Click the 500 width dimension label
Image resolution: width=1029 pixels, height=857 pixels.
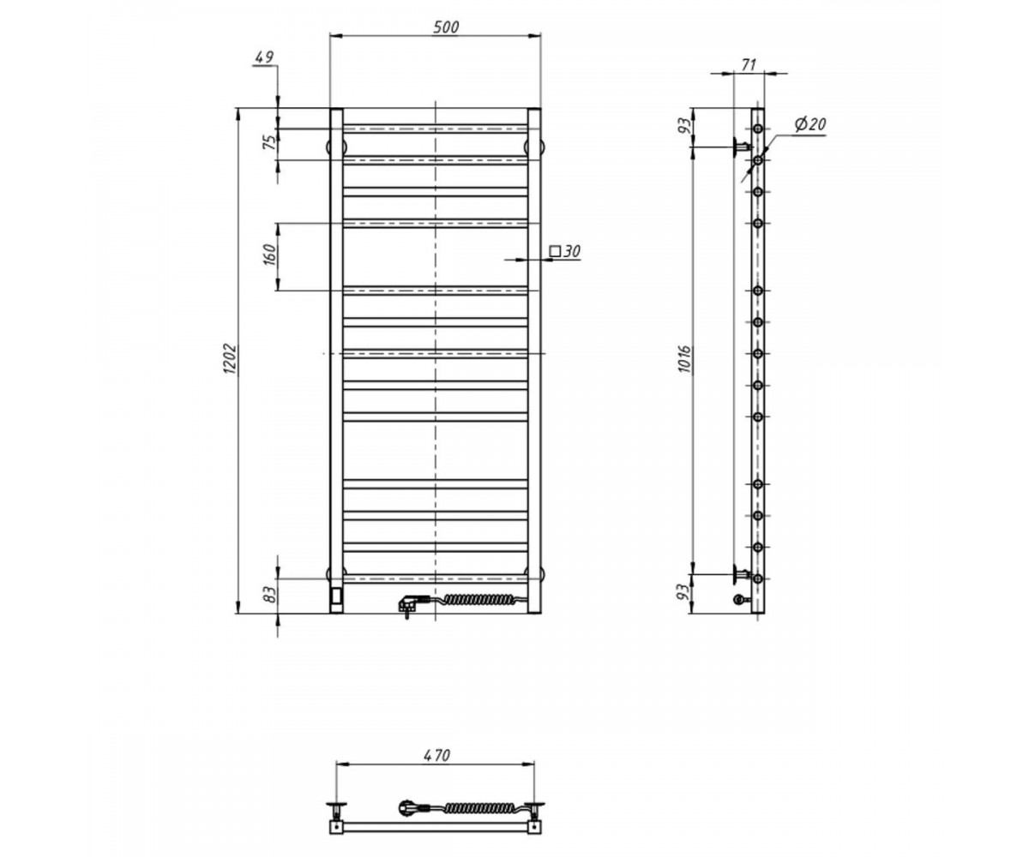(446, 27)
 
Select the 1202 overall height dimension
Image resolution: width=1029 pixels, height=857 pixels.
(230, 360)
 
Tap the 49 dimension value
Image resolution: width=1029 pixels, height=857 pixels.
(263, 57)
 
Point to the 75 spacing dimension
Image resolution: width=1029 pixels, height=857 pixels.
(269, 143)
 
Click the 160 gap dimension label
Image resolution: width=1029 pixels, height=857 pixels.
(269, 255)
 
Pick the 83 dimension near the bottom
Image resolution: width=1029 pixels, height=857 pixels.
(269, 596)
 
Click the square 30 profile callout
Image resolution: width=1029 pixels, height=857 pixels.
(565, 251)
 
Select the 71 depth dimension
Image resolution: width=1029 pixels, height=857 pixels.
(748, 64)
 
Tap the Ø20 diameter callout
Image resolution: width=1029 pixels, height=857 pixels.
(809, 124)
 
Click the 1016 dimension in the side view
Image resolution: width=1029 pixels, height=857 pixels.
(685, 360)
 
